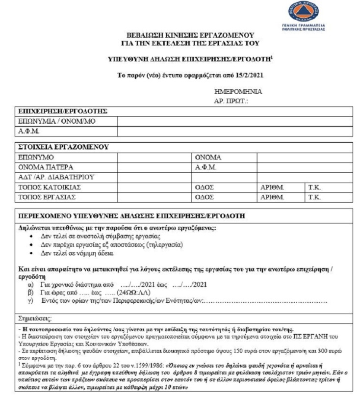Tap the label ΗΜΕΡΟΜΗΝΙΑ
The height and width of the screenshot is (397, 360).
[x=238, y=92]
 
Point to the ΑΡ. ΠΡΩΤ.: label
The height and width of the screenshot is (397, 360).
[x=232, y=101]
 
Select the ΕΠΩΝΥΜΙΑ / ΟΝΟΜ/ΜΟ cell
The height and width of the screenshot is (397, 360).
[x=50, y=121]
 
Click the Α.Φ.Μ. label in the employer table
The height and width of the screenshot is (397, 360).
[x=28, y=131]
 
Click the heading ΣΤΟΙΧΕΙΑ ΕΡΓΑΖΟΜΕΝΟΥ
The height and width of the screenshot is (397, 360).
[x=63, y=147]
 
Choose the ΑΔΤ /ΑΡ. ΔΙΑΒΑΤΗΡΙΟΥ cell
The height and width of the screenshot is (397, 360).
[x=55, y=177]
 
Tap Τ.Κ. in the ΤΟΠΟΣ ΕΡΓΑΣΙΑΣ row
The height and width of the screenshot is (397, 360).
[x=314, y=197]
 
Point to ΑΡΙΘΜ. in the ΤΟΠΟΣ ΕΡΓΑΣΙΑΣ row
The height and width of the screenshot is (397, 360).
[x=273, y=197]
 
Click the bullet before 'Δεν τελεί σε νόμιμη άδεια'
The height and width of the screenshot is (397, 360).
[x=31, y=254]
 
